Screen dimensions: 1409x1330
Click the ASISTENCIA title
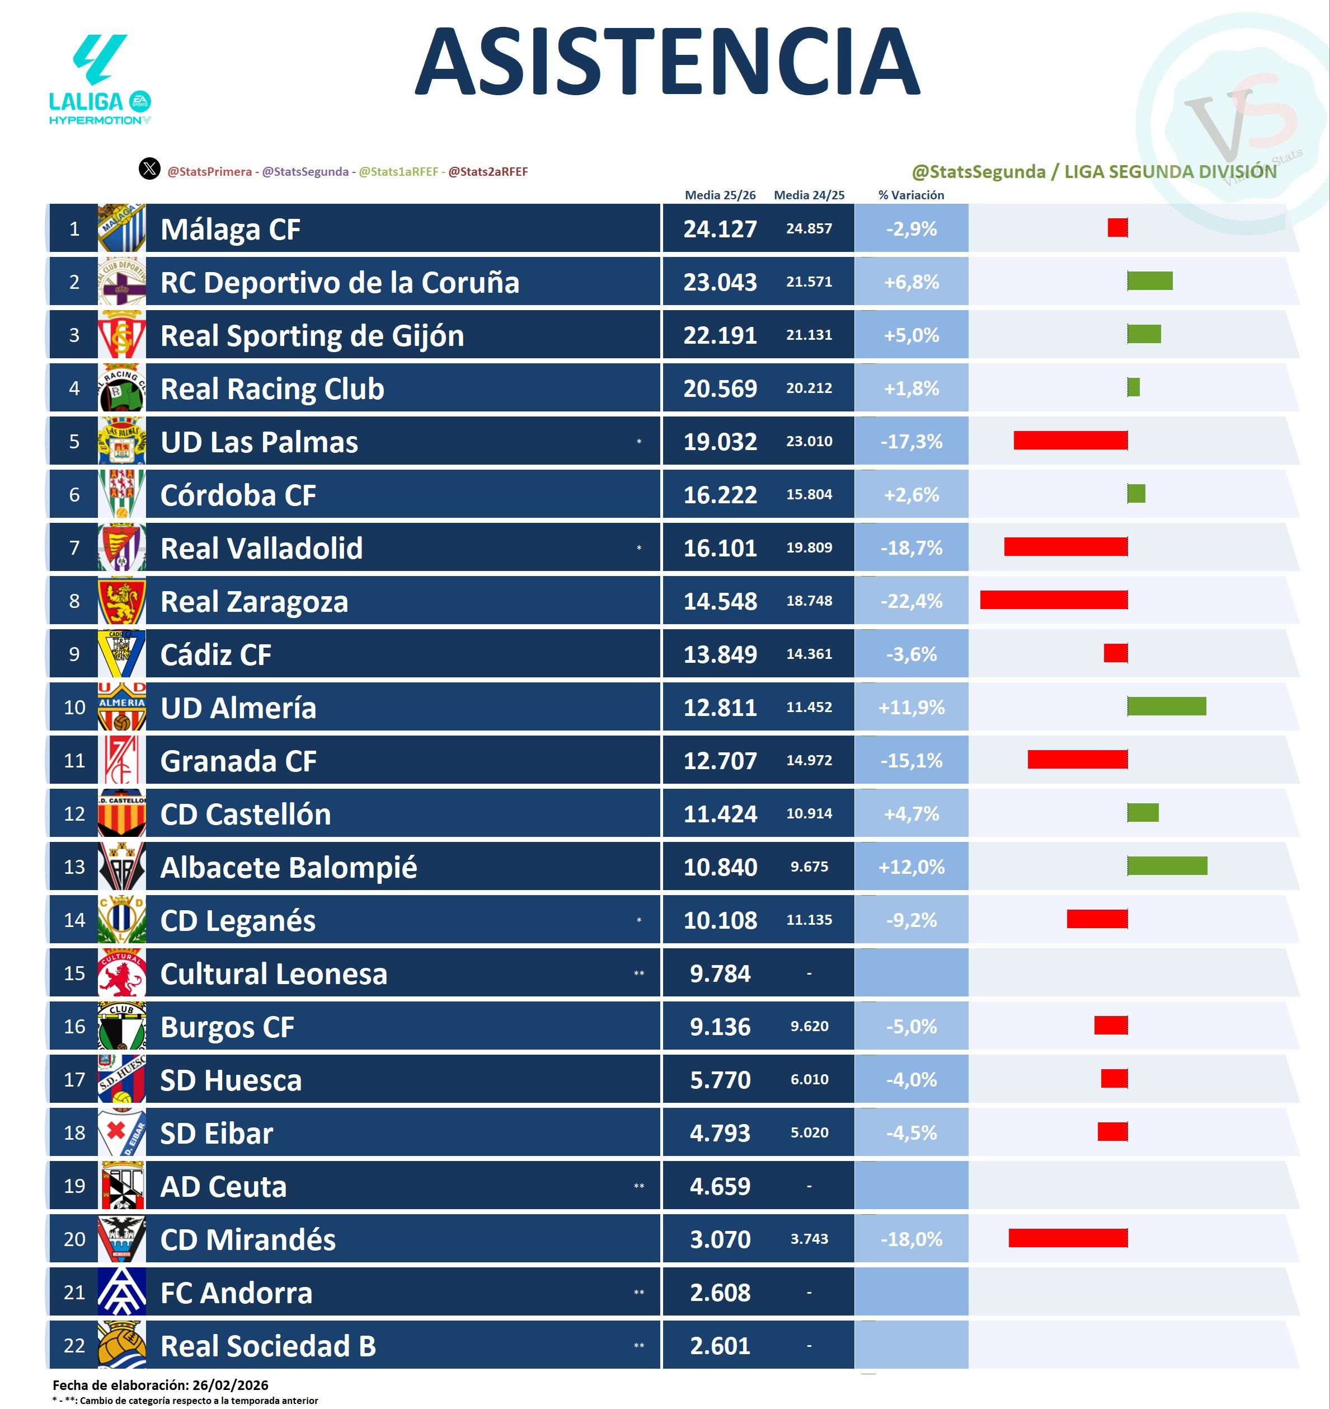[666, 62]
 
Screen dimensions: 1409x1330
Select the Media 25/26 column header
[720, 195]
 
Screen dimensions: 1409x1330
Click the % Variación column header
[911, 195]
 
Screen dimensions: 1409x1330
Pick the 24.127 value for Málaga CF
[720, 229]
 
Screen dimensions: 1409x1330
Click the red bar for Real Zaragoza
[1054, 600]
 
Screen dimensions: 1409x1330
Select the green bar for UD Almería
[1166, 706]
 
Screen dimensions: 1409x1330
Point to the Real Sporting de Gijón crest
[122, 335]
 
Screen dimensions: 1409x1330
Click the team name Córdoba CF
[238, 495]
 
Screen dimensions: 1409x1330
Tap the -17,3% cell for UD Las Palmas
[911, 442]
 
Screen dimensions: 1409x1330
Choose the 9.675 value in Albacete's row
[809, 867]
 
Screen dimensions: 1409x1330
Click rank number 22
[74, 1345]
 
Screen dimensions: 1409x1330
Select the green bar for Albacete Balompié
[1167, 866]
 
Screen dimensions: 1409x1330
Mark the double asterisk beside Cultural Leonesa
[639, 973]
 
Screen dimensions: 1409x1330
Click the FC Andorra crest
[122, 1292]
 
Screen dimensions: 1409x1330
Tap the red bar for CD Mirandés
[1068, 1238]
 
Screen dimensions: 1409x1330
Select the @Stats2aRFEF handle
[488, 172]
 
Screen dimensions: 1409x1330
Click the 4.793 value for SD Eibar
[720, 1132]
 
